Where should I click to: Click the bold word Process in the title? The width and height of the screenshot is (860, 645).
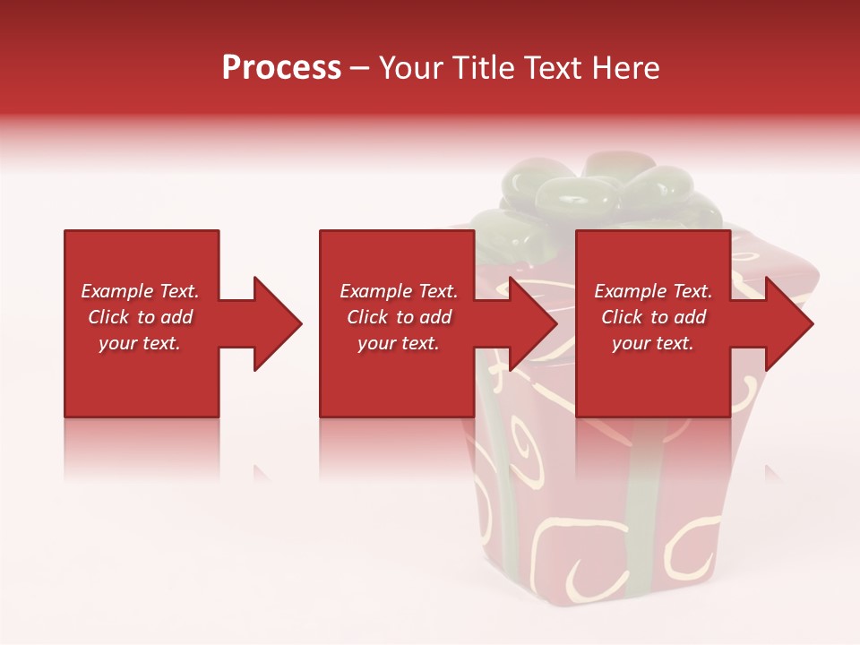tap(281, 67)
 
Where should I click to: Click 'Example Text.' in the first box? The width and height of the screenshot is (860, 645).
tap(140, 291)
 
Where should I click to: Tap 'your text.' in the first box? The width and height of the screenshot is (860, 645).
tap(140, 343)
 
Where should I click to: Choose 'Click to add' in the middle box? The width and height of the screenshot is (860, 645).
tap(399, 317)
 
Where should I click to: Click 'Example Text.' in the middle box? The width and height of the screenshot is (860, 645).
tap(399, 291)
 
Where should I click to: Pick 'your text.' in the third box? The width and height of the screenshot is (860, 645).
tap(653, 343)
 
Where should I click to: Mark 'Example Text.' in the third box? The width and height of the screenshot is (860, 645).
tap(653, 291)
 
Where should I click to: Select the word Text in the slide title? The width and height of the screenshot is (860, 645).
tap(557, 67)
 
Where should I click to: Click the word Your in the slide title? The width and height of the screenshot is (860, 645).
tap(409, 67)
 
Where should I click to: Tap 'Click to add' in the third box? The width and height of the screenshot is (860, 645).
tap(653, 317)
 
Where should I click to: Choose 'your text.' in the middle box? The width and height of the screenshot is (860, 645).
tap(399, 343)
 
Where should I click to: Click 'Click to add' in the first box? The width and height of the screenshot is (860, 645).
tap(140, 317)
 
